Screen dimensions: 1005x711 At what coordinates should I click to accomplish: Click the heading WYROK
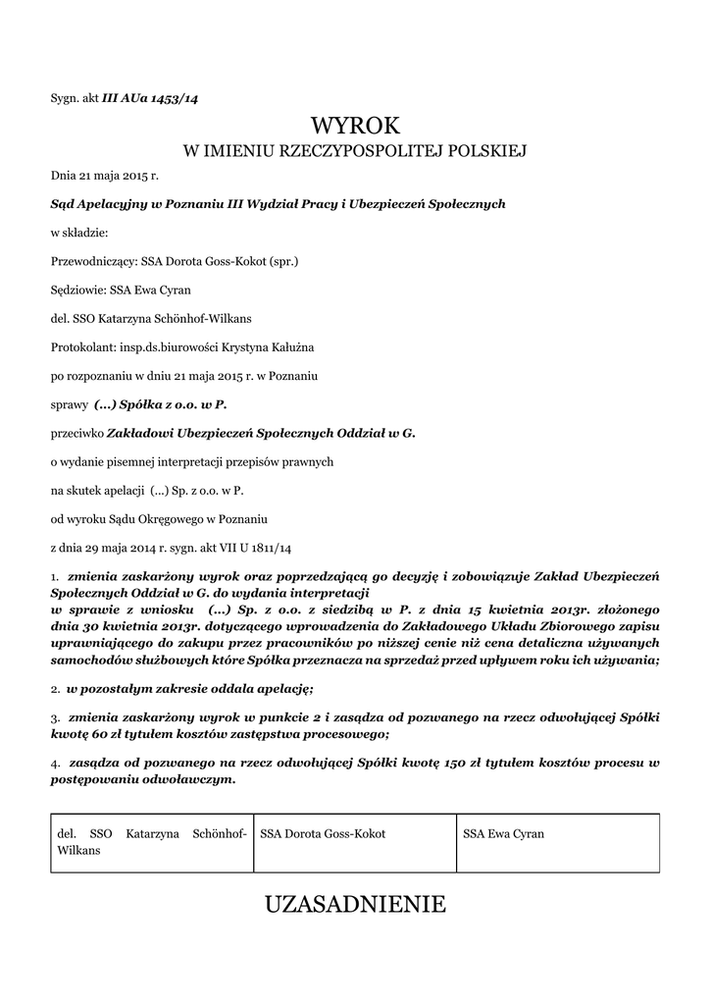[355, 126]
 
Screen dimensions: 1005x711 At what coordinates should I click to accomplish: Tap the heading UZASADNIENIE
[355, 904]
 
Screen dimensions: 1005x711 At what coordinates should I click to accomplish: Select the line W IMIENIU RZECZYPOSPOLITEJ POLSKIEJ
[355, 151]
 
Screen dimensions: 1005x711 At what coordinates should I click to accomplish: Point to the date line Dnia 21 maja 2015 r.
[104, 175]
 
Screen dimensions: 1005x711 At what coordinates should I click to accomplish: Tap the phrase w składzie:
[79, 233]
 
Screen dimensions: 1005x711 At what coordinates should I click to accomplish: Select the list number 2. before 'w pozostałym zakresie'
[56, 691]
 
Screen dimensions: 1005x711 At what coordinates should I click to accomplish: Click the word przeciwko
[79, 432]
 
